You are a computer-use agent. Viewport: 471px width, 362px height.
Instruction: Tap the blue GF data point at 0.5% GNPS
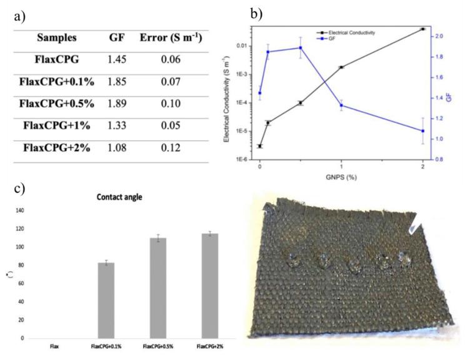pos(300,47)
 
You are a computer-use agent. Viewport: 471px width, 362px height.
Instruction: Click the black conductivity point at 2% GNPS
pos(423,29)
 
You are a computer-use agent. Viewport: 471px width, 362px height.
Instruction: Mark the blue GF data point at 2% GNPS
pos(423,130)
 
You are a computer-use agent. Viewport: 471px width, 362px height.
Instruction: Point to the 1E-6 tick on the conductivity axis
pos(242,159)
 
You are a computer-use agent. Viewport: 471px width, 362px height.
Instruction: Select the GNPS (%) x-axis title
pos(340,177)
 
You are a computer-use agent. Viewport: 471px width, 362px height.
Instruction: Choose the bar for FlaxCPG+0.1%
pos(106,300)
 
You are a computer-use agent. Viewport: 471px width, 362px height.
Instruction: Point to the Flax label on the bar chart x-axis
pos(54,345)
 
